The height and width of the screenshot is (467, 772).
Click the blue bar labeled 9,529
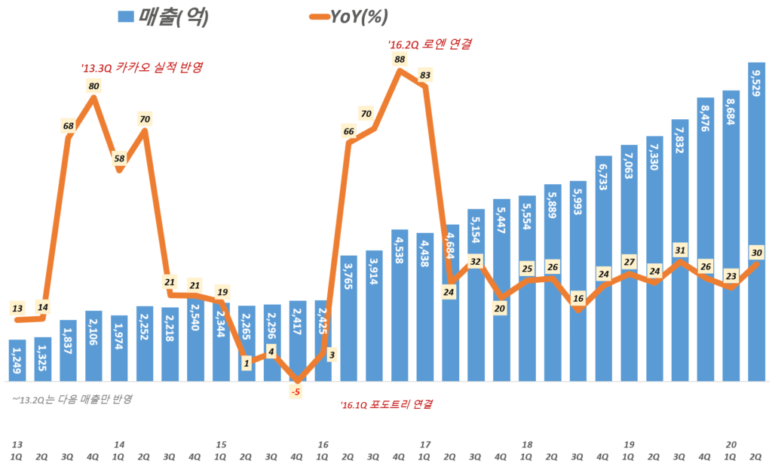(x=756, y=226)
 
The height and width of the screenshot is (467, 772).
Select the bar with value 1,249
(x=17, y=362)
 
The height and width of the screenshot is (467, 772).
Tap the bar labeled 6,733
(x=603, y=272)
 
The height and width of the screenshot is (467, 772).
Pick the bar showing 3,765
(x=349, y=321)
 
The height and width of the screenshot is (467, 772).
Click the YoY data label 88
(x=400, y=60)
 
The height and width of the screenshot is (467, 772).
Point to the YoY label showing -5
(x=296, y=392)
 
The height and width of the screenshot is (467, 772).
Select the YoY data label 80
(x=94, y=86)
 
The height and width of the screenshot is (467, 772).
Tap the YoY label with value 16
(x=578, y=298)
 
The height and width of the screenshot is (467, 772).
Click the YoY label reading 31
(x=680, y=250)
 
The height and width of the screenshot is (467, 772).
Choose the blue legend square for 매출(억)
(x=126, y=17)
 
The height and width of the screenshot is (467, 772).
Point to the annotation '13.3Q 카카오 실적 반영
(x=142, y=67)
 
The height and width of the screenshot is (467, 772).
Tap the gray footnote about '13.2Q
(x=72, y=398)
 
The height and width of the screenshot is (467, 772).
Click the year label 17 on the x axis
(x=424, y=445)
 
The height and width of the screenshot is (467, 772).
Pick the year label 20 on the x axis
(x=731, y=445)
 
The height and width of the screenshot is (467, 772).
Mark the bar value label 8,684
(x=731, y=110)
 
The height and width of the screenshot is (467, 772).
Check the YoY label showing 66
(x=349, y=131)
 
